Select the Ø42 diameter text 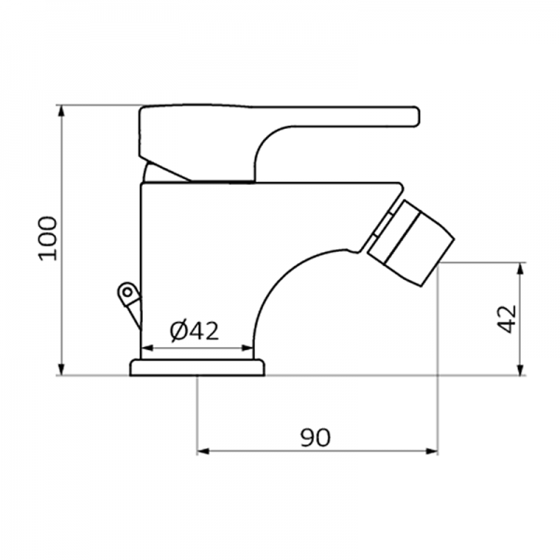[194, 330]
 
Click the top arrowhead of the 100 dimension [63, 110]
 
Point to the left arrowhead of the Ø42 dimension [144, 352]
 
